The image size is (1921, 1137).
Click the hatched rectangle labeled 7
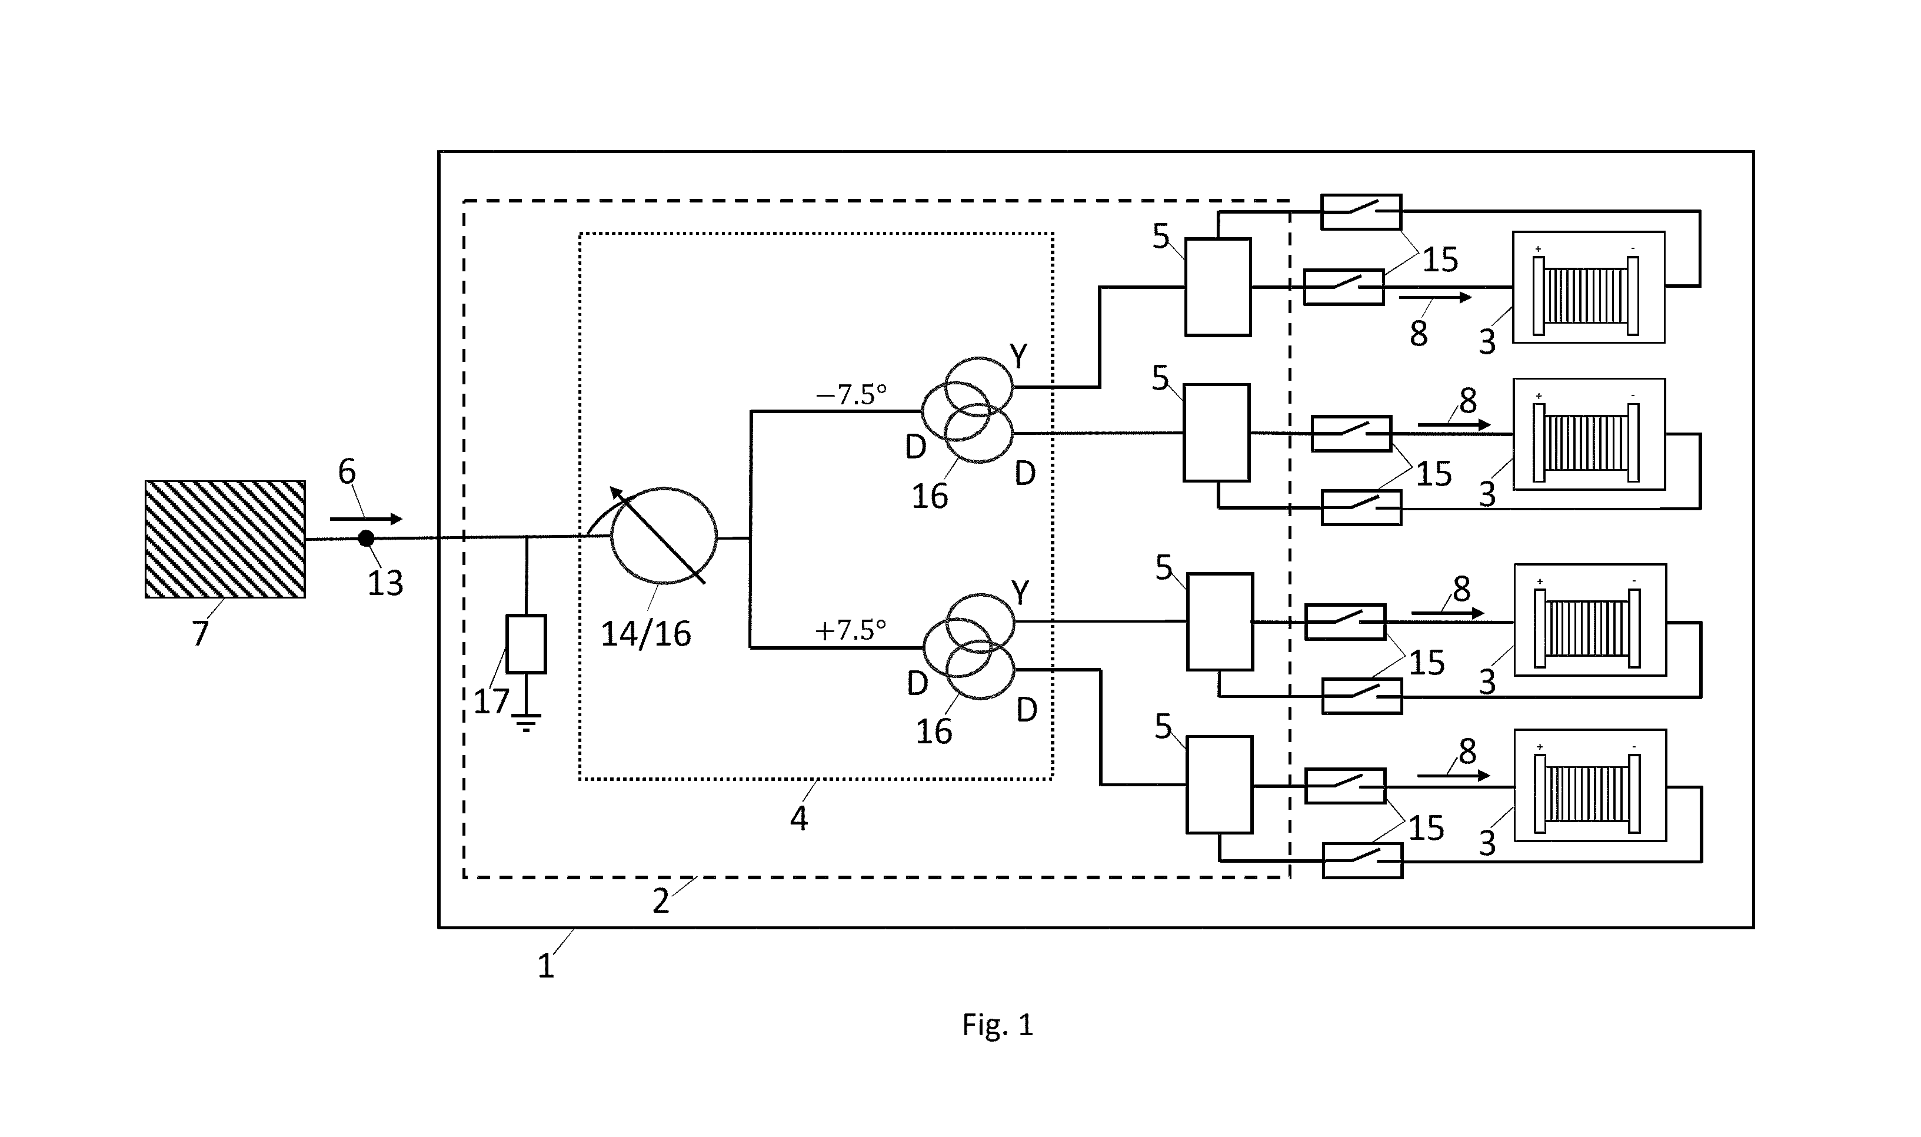click(x=225, y=540)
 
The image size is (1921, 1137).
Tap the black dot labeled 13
click(x=366, y=538)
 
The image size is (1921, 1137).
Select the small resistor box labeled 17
click(x=526, y=644)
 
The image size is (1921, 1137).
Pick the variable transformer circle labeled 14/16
click(x=663, y=536)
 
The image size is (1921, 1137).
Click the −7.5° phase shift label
click(x=851, y=395)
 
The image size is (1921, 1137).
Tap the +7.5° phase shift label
click(x=851, y=630)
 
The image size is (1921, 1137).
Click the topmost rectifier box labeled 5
click(x=1218, y=287)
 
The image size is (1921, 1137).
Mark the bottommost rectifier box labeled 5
click(x=1220, y=784)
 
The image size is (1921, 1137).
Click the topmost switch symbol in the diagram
click(x=1361, y=211)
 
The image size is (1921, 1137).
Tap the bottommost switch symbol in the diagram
click(x=1363, y=860)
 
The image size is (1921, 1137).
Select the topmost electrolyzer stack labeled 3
click(x=1589, y=287)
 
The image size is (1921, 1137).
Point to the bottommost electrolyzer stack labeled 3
click(x=1590, y=785)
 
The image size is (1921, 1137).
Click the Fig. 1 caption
click(x=998, y=1025)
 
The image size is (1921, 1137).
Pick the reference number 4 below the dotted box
click(x=799, y=819)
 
